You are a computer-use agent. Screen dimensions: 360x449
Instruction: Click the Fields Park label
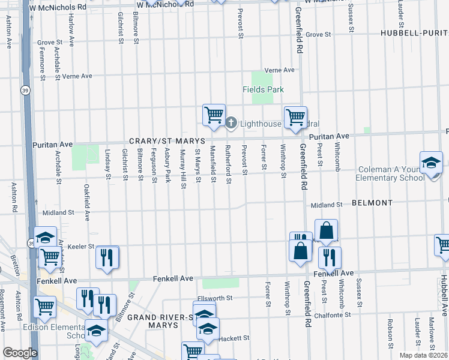[x=262, y=89]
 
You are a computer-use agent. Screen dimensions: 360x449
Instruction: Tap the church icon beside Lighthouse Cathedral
[x=232, y=124]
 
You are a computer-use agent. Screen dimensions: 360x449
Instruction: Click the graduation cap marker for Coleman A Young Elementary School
[x=430, y=163]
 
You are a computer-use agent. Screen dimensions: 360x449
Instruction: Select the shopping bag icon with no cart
[x=326, y=230]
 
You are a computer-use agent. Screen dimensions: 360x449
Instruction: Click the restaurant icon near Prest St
[x=330, y=257]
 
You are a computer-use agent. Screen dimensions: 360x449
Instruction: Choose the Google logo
[x=20, y=353]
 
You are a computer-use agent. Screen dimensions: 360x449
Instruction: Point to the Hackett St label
[x=234, y=338]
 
